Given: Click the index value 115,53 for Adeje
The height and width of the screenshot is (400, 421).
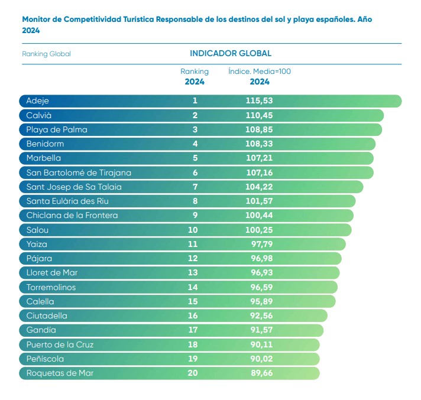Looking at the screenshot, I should tap(259, 101).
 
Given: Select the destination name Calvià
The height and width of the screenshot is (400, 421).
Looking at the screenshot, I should tap(39, 115).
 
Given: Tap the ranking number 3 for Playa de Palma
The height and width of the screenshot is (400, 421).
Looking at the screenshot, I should tap(195, 129).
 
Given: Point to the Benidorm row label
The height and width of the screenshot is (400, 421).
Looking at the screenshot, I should tap(45, 144).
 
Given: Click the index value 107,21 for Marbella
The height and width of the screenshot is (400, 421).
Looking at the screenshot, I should tap(259, 158).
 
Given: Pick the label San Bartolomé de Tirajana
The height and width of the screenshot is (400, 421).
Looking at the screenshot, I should tap(79, 173).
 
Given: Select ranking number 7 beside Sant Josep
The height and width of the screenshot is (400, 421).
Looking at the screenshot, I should tap(195, 187).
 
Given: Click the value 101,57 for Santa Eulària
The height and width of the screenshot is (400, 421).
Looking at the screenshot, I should tap(259, 201).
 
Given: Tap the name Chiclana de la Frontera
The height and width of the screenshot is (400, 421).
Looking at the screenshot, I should tap(72, 216).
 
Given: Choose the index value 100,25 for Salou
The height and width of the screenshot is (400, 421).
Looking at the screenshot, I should tap(259, 230).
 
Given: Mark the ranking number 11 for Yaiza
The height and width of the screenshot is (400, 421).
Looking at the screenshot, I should tap(195, 244).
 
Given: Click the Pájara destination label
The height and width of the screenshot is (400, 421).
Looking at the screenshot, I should tap(40, 259).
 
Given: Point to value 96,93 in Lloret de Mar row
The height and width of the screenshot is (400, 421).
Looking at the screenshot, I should tap(259, 273).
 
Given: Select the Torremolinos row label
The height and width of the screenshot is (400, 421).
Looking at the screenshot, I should tap(51, 287).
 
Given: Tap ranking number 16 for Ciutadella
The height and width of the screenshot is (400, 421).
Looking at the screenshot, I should tap(195, 316).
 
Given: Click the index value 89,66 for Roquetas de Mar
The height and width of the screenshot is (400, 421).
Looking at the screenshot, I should tap(259, 373).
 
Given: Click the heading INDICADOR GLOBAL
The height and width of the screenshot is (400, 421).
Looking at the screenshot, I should tap(231, 53).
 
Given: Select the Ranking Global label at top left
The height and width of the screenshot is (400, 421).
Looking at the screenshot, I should tap(46, 54).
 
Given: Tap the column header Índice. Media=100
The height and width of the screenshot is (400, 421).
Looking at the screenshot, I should tap(260, 71).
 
